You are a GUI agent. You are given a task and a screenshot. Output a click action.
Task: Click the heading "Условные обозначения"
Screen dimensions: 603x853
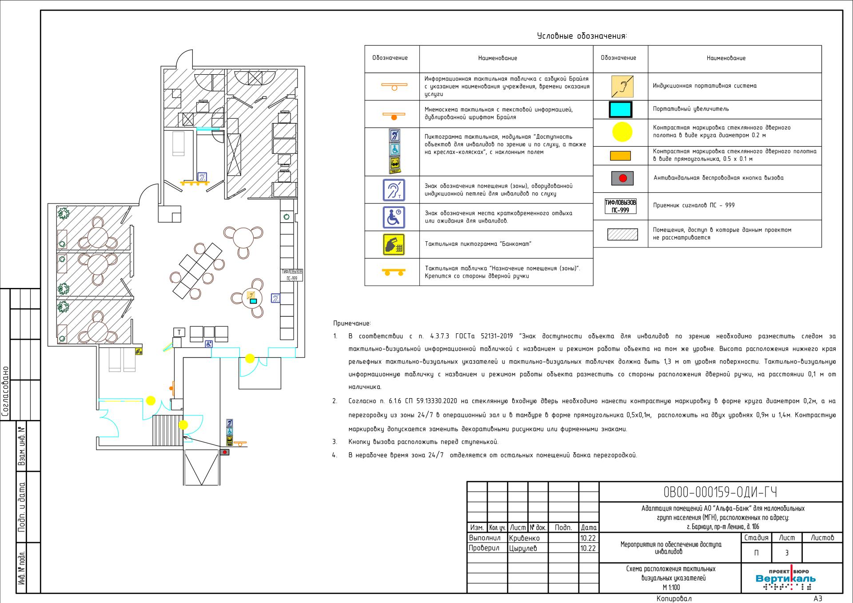tap(582, 36)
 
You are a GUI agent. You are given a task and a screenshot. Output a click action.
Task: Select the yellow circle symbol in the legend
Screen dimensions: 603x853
tap(622, 132)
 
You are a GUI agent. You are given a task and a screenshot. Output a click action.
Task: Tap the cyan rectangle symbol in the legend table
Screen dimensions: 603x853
tap(620, 109)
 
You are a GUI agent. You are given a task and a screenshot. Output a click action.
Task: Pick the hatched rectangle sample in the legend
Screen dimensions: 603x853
tap(622, 234)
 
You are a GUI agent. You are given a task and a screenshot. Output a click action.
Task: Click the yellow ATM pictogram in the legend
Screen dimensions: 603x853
tap(394, 244)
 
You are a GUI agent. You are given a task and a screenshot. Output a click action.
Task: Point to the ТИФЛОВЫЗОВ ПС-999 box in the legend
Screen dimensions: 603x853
tap(620, 206)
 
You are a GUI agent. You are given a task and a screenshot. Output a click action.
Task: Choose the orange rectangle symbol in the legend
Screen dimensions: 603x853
tap(620, 156)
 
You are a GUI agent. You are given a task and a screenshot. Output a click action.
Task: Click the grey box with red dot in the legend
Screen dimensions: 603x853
tap(622, 178)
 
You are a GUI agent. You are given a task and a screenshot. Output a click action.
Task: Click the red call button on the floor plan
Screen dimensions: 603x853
tap(225, 452)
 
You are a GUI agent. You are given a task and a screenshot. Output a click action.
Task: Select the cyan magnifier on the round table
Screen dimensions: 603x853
tap(253, 301)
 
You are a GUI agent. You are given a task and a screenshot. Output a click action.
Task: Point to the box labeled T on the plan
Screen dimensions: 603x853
tap(179, 332)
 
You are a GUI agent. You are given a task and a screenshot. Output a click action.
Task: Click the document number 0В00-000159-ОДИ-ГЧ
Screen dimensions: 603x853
tap(720, 492)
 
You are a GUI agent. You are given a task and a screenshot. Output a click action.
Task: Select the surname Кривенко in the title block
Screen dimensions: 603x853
tap(525, 538)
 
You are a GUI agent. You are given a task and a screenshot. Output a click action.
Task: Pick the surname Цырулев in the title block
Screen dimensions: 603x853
tap(523, 548)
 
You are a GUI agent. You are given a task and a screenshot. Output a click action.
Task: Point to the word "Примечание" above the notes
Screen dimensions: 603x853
tap(352, 323)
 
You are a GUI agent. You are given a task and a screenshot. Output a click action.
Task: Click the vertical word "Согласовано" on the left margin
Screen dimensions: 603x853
tap(6, 391)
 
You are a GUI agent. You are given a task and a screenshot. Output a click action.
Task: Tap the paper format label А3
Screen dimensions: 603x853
tap(818, 599)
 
